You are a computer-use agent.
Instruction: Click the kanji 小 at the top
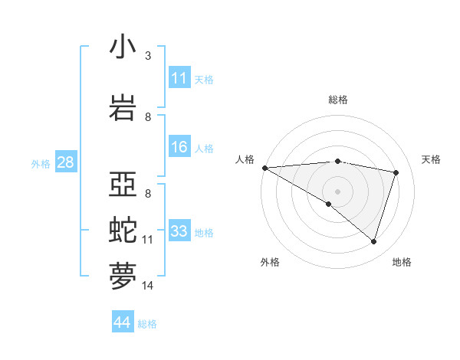(123, 47)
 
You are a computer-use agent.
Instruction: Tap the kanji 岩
(123, 108)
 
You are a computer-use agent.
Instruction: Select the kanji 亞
(123, 185)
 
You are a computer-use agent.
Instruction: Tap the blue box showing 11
(179, 78)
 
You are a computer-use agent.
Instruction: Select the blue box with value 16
(179, 147)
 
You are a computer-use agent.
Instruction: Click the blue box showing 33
(179, 231)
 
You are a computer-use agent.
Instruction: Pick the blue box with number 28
(65, 162)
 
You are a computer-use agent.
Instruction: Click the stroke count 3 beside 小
(148, 55)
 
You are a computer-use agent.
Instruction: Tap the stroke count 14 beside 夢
(147, 286)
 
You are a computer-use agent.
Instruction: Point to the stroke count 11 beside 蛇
(147, 240)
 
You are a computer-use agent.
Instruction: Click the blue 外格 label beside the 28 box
(41, 163)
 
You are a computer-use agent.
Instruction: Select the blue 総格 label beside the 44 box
(147, 324)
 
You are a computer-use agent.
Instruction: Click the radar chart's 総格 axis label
(338, 100)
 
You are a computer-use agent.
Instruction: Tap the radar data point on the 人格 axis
(264, 168)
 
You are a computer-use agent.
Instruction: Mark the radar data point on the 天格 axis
(396, 172)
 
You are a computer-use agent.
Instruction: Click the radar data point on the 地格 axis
(374, 242)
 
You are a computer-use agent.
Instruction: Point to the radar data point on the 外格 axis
(329, 204)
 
